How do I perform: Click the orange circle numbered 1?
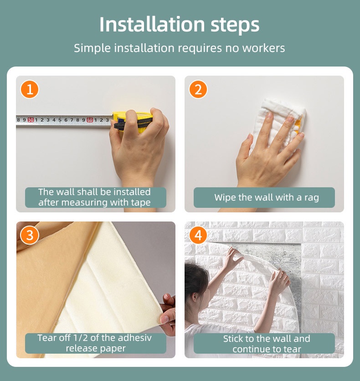coord(30,89)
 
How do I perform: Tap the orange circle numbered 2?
coord(198,89)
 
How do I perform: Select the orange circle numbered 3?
coord(30,235)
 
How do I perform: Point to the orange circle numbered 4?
coord(198,235)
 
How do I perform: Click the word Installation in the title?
coord(152,24)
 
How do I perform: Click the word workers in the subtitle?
coord(263,48)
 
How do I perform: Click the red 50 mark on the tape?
coord(31,119)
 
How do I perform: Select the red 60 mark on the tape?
coord(90,120)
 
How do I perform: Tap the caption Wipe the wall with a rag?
coord(267,197)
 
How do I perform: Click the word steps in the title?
coord(235,25)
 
